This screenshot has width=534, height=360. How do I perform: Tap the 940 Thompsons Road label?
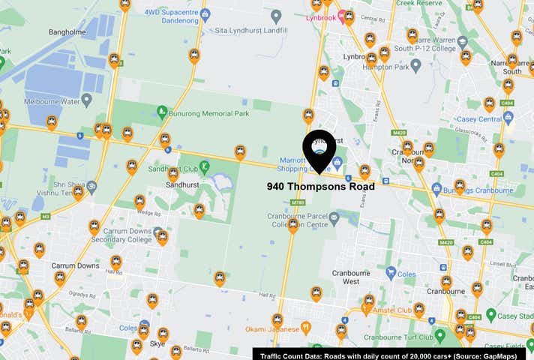click(x=321, y=187)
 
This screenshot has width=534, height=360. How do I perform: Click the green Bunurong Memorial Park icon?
click(x=162, y=112)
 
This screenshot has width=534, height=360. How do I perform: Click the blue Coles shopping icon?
click(x=390, y=273)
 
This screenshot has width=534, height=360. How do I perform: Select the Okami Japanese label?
click(x=271, y=329)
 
